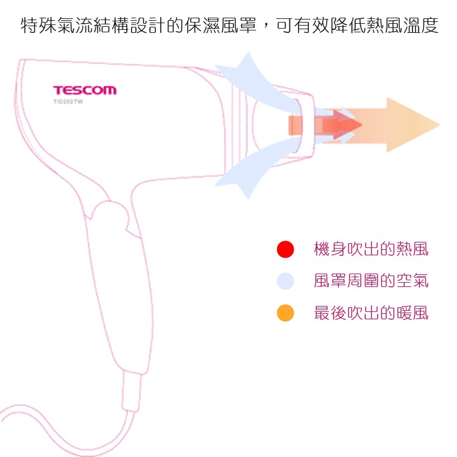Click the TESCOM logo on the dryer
click(84, 91)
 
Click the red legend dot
click(285, 249)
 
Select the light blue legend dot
click(285, 281)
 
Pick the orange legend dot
click(285, 313)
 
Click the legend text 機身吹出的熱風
click(370, 249)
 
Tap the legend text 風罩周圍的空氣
click(370, 281)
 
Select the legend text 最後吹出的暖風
click(370, 313)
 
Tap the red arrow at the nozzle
click(332, 124)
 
